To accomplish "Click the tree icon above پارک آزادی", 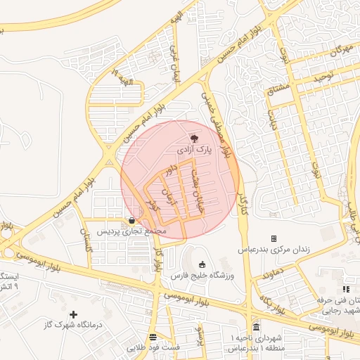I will pyautogui.click(x=195, y=139).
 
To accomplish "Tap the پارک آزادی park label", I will pyautogui.click(x=193, y=150).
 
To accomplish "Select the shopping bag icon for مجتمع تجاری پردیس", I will pyautogui.click(x=132, y=220).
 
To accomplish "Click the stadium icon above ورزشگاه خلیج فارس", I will pyautogui.click(x=202, y=265).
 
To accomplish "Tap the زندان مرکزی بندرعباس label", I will pyautogui.click(x=273, y=250).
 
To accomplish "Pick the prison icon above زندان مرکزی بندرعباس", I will pyautogui.click(x=274, y=239).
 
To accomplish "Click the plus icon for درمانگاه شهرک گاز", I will pyautogui.click(x=73, y=314).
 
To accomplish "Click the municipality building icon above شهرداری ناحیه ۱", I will pyautogui.click(x=255, y=328).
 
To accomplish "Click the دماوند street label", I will pyautogui.click(x=271, y=273).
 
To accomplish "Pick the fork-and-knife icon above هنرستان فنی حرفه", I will pyautogui.click(x=345, y=289).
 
